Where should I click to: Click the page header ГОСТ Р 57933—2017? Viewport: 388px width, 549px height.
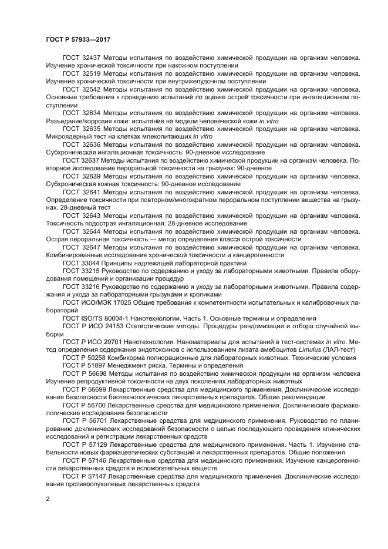[77, 39]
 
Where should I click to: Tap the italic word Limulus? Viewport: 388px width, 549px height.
[310, 348]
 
